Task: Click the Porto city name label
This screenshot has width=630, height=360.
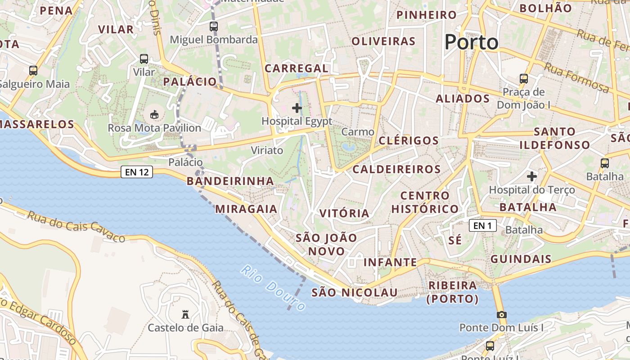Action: (x=471, y=42)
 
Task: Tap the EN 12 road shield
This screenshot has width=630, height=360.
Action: (x=137, y=171)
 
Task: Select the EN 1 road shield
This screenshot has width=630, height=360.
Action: (x=482, y=225)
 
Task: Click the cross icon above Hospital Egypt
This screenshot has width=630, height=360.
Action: (x=297, y=108)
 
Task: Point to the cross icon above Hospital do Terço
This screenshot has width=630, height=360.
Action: (x=532, y=176)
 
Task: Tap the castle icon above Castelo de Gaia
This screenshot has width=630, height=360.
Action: (x=185, y=314)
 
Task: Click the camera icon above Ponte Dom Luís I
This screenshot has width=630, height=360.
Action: (x=501, y=315)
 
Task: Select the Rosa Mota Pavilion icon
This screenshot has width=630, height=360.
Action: (x=154, y=115)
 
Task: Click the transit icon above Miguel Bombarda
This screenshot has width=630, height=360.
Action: (x=214, y=27)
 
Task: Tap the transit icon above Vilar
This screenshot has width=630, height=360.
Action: (x=144, y=58)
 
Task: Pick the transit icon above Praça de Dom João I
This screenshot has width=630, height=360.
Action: (x=524, y=79)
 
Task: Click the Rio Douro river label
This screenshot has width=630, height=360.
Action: (x=273, y=288)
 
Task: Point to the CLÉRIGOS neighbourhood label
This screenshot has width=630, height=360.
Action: (x=409, y=140)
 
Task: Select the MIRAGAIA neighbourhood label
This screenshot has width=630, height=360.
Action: (x=246, y=209)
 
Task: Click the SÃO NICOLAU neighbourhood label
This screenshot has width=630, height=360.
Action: (x=355, y=292)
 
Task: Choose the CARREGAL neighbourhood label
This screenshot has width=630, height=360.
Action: (x=297, y=68)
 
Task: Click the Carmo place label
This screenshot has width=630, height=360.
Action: (x=358, y=132)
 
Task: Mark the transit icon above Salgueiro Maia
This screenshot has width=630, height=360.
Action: (x=33, y=71)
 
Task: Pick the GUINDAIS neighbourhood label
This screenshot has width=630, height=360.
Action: (x=521, y=259)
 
